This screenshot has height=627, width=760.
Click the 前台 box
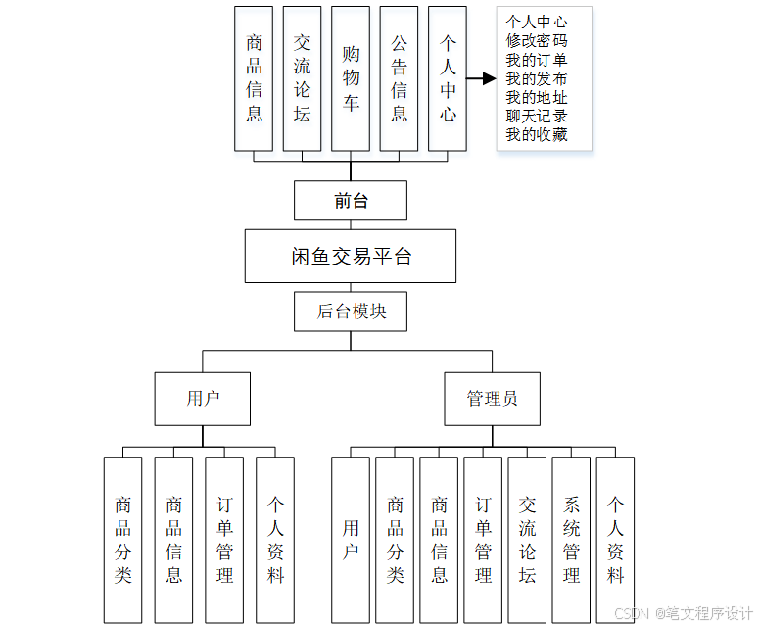(351, 201)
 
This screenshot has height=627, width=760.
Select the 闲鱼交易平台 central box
(351, 257)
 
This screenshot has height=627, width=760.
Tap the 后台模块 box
(351, 312)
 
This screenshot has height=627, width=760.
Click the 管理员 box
(492, 399)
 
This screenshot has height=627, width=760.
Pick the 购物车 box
(351, 78)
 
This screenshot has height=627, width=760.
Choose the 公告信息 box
(399, 78)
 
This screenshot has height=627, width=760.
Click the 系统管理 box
(571, 540)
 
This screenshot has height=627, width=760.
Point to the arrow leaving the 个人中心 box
(481, 78)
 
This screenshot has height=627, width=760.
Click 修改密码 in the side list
(537, 41)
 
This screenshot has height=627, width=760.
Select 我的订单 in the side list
(537, 60)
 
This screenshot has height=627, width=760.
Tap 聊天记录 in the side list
(537, 116)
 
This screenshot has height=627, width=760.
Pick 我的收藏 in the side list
(537, 134)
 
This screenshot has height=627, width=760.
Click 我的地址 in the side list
(537, 97)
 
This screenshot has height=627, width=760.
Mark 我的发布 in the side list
(537, 78)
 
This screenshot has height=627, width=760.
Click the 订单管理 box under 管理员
(483, 540)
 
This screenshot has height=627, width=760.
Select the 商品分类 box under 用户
(122, 540)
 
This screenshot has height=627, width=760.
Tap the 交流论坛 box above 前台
(303, 78)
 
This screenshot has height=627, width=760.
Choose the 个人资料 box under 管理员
(615, 540)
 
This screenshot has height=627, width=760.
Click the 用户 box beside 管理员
(203, 399)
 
